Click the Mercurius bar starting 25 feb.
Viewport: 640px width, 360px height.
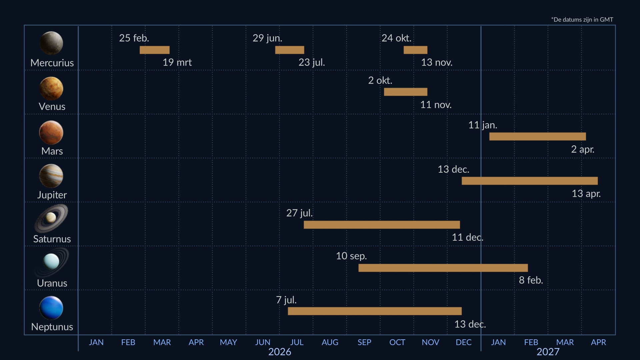[154, 50]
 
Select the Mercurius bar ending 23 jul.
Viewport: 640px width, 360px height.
[289, 50]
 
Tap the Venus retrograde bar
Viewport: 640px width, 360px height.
[405, 92]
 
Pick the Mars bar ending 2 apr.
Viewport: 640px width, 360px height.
[537, 136]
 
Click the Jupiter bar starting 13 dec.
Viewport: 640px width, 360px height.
[529, 181]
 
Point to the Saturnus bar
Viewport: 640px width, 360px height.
[382, 225]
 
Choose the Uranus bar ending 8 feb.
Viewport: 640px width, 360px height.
[443, 268]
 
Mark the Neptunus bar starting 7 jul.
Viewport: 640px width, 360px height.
[375, 311]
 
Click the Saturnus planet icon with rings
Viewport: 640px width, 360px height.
[51, 218]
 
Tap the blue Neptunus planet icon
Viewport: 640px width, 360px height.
[51, 308]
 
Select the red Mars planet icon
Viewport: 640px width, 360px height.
[51, 132]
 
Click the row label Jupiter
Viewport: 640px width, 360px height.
[52, 195]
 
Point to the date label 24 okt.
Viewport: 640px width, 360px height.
[396, 38]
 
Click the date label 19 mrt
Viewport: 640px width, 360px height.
[177, 62]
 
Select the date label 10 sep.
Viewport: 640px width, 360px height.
[351, 256]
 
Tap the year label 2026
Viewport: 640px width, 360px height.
[280, 352]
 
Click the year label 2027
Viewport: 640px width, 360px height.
[548, 352]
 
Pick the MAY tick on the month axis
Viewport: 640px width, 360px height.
[228, 342]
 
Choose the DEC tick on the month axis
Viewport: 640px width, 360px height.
[463, 342]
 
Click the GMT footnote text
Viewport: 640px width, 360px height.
[582, 20]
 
